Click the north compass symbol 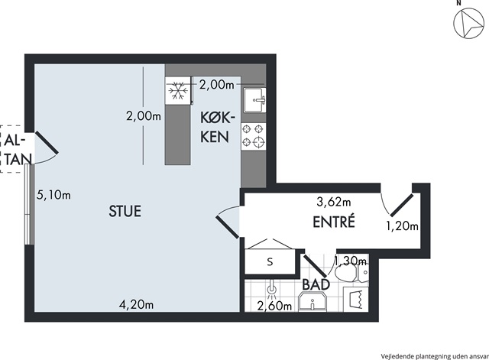[468, 24]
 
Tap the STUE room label [125, 211]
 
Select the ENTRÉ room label [334, 222]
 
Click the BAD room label [316, 284]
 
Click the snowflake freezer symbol [178, 91]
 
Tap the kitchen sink [255, 99]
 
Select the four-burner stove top [254, 135]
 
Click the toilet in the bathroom [351, 274]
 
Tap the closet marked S [270, 261]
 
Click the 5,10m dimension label [53, 195]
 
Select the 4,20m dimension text [137, 304]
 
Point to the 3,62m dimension [334, 202]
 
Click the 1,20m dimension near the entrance [403, 225]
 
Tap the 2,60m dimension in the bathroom [274, 306]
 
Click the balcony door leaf [47, 143]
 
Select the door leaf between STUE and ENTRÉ [228, 227]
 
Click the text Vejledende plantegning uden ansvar [435, 356]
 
